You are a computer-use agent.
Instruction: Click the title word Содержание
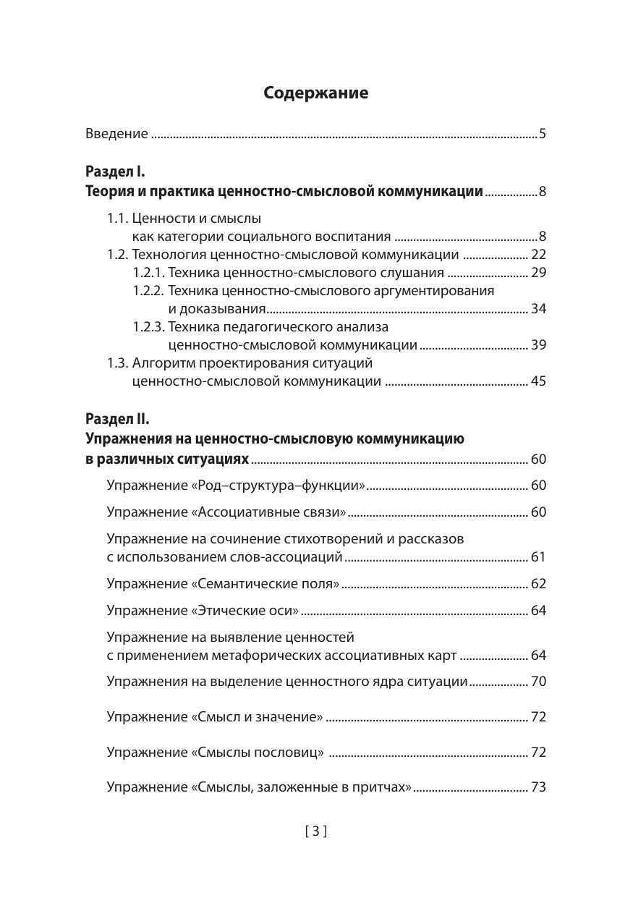click(x=316, y=93)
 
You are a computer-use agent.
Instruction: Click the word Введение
click(x=116, y=134)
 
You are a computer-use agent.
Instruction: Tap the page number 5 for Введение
click(x=542, y=134)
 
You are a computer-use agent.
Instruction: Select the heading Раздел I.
click(x=116, y=172)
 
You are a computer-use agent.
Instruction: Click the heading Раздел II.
click(x=117, y=419)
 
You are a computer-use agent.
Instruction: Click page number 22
click(x=538, y=255)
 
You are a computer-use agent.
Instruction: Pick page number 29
click(x=538, y=273)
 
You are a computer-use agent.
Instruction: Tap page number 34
click(x=538, y=309)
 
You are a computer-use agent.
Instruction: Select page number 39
click(x=538, y=345)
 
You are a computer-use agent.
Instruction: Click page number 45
click(x=538, y=381)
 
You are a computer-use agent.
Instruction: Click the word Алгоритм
click(x=163, y=363)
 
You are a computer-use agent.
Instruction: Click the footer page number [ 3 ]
click(x=316, y=831)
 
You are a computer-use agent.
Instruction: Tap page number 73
click(x=538, y=787)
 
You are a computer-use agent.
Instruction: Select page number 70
click(x=538, y=682)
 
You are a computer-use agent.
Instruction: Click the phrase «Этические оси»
click(x=245, y=611)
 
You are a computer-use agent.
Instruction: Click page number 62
click(x=538, y=584)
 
